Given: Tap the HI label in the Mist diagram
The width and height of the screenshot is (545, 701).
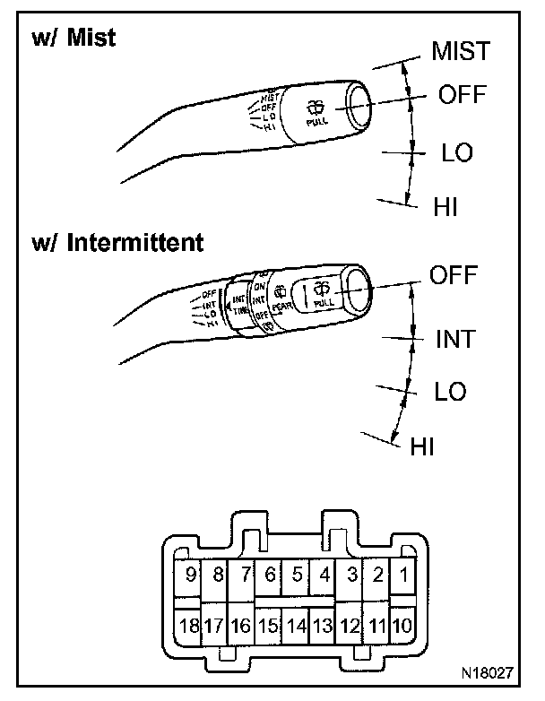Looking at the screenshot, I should click(x=446, y=206).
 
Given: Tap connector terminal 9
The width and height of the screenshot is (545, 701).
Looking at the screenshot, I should click(x=189, y=575).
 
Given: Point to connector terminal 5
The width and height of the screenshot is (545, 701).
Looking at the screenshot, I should click(x=297, y=575).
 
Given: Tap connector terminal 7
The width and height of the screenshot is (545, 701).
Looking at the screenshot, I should click(x=243, y=575).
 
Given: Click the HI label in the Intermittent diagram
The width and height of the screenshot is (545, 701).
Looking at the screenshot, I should click(x=421, y=446).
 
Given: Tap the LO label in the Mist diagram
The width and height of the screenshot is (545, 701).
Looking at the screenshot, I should click(x=457, y=152).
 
